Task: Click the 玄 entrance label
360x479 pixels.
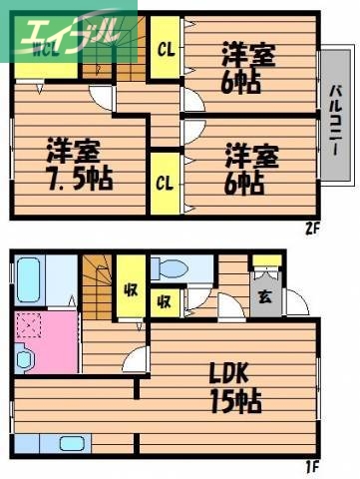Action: [264, 296]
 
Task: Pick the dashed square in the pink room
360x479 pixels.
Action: [29, 324]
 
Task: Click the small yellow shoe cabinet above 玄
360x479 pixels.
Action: [265, 264]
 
